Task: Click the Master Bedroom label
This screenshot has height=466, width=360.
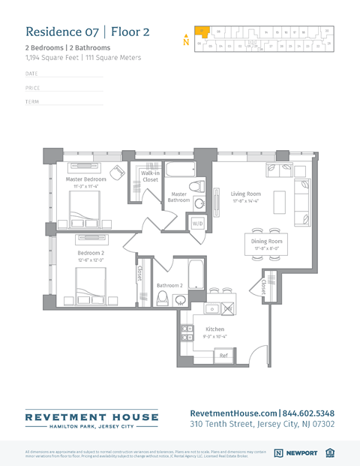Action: pyautogui.click(x=85, y=179)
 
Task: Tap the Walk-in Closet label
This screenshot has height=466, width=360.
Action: pyautogui.click(x=150, y=176)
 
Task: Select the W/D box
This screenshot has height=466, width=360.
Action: pyautogui.click(x=198, y=224)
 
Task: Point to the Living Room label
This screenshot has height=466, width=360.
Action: pyautogui.click(x=245, y=194)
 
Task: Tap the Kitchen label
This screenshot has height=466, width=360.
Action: pyautogui.click(x=214, y=329)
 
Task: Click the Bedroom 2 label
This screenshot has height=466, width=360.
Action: pyautogui.click(x=90, y=253)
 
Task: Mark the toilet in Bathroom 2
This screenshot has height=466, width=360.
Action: pyautogui.click(x=161, y=298)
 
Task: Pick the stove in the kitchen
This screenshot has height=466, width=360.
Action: pyautogui.click(x=227, y=308)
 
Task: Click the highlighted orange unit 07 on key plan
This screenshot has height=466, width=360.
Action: pyautogui.click(x=202, y=32)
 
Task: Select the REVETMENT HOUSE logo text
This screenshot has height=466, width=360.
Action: pyautogui.click(x=91, y=416)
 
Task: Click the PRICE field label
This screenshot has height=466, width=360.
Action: pyautogui.click(x=32, y=88)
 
